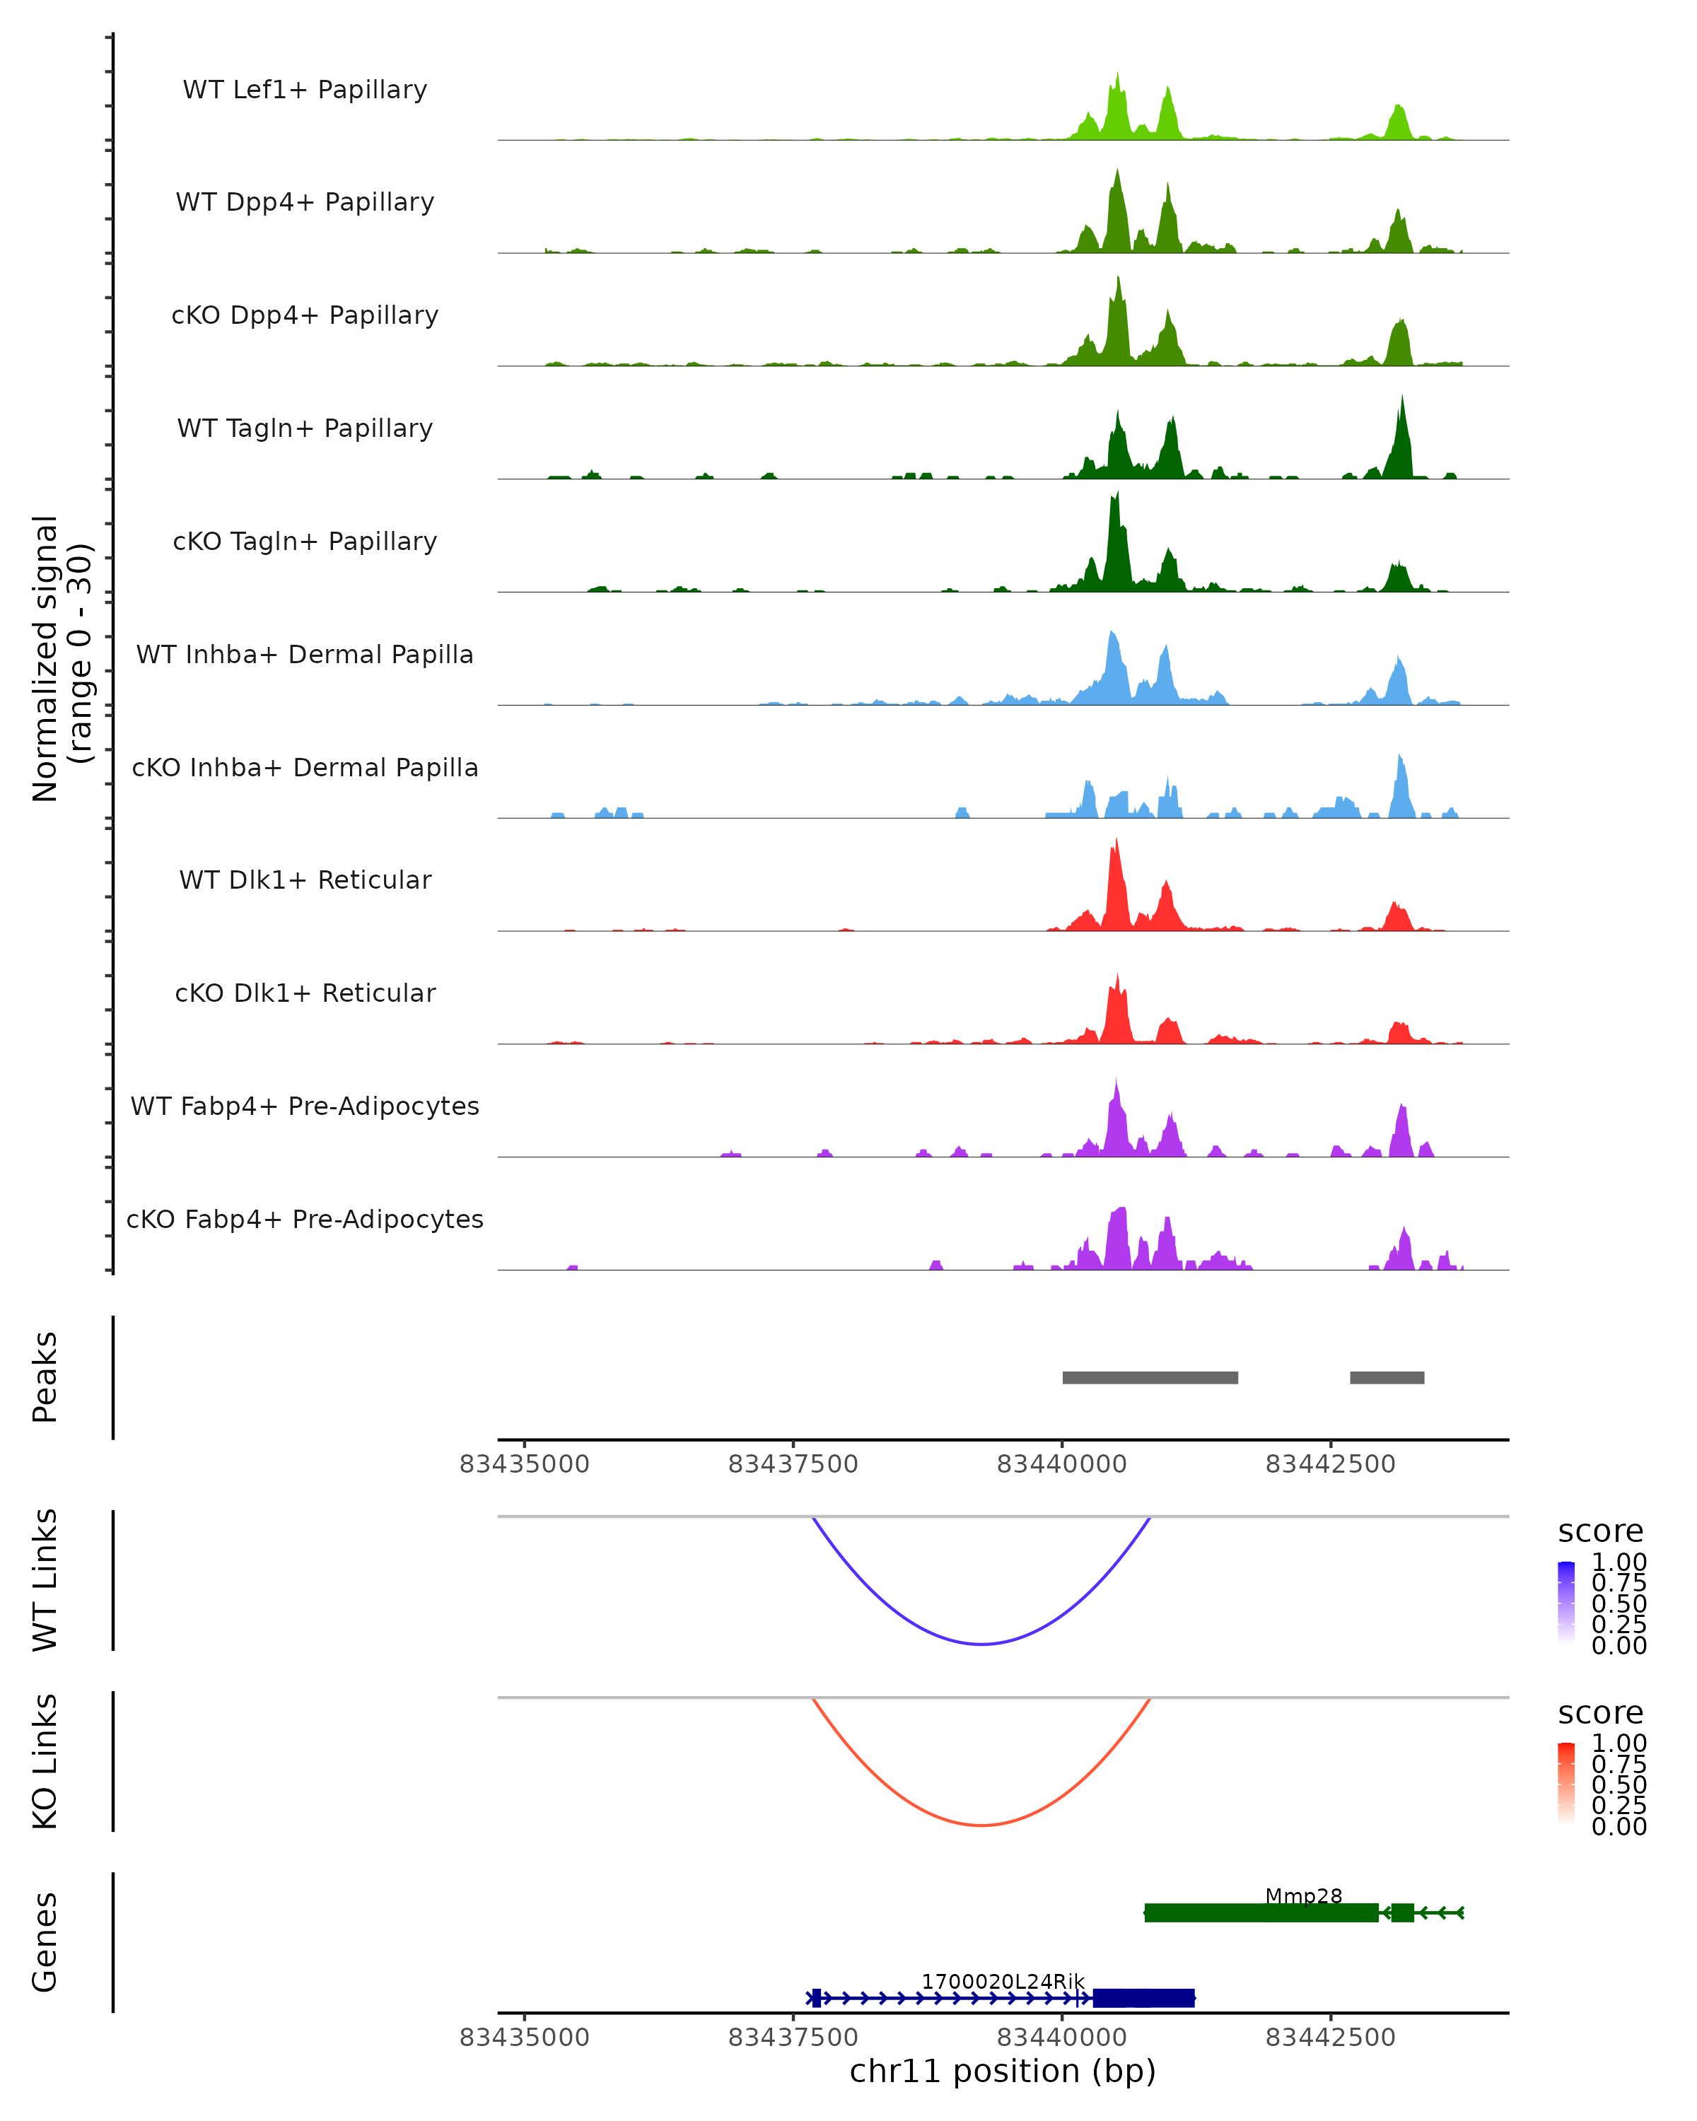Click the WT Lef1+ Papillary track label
tap(305, 90)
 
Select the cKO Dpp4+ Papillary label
tap(305, 316)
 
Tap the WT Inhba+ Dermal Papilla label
tap(305, 655)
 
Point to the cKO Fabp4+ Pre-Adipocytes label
tap(305, 1220)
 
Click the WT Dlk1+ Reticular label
tap(305, 880)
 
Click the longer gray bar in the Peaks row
tap(1150, 1377)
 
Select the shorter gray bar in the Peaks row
tap(1387, 1377)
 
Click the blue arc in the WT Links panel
tap(982, 1643)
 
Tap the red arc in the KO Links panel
tap(982, 1825)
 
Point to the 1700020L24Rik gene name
tap(1003, 1981)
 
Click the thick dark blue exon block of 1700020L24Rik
tap(1143, 1998)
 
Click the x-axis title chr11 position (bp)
tap(1003, 2072)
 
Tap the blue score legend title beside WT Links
tap(1601, 1532)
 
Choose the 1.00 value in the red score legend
tap(1619, 1743)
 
